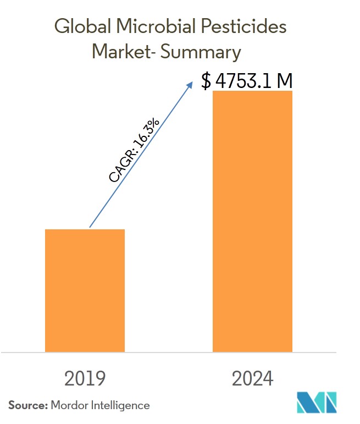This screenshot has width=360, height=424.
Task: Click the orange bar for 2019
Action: click(x=85, y=290)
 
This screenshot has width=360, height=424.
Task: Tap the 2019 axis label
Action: click(x=85, y=378)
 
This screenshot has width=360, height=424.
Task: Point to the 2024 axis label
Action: click(x=252, y=378)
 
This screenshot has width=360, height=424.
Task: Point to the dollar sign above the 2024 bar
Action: click(x=206, y=81)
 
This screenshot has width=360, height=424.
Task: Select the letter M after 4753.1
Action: click(x=284, y=81)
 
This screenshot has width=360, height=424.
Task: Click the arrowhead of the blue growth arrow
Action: click(x=190, y=84)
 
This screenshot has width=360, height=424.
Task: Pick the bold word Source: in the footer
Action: click(x=27, y=405)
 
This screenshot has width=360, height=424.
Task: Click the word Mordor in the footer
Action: click(x=68, y=405)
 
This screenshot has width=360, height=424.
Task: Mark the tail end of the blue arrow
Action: click(x=90, y=227)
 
